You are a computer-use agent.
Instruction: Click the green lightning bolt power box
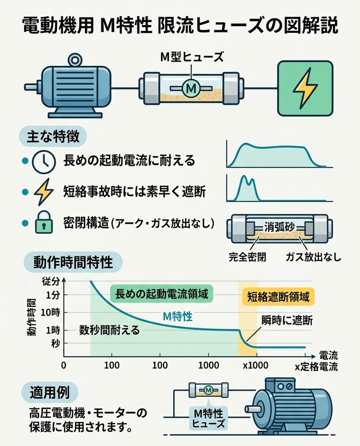point(305,88)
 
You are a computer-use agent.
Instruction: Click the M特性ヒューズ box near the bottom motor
point(208,418)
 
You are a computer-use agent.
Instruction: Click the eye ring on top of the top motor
point(76,61)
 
